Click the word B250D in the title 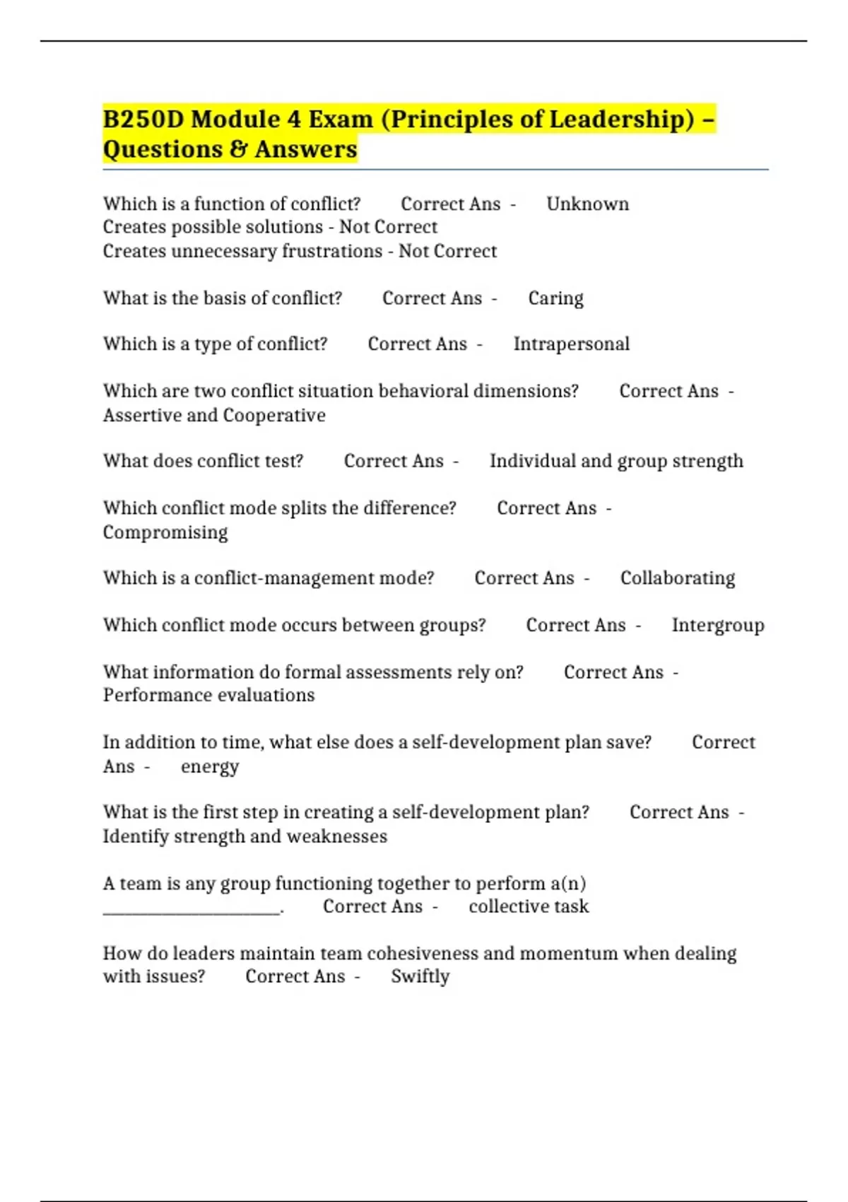pyautogui.click(x=143, y=119)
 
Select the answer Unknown pyautogui.click(x=587, y=204)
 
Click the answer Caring pyautogui.click(x=555, y=298)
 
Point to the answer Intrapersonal pyautogui.click(x=571, y=344)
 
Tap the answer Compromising pyautogui.click(x=165, y=532)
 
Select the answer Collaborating pyautogui.click(x=677, y=578)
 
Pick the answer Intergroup pyautogui.click(x=717, y=626)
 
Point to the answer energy pyautogui.click(x=210, y=767)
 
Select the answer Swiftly pyautogui.click(x=420, y=977)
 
